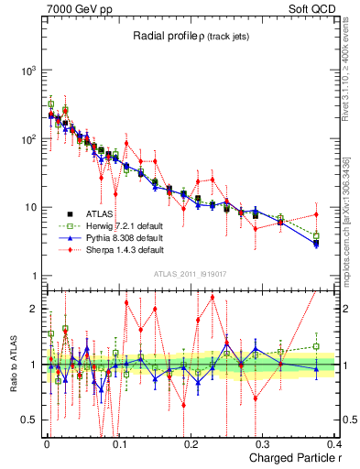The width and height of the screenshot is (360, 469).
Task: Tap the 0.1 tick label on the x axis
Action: click(118, 444)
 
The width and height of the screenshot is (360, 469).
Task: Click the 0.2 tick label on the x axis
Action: click(191, 444)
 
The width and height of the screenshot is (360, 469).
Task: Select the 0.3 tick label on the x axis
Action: click(263, 444)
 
